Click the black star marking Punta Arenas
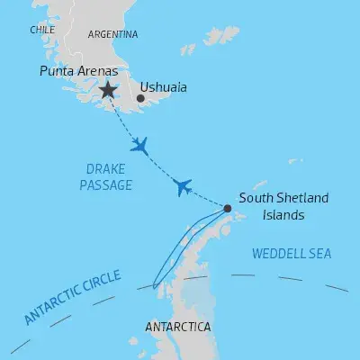pos(108,89)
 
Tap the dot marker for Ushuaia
pos(140,98)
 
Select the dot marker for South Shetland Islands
pos(227,209)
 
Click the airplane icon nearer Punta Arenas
pos(139,147)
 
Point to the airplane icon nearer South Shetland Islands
pos(183,186)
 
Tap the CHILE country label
pos(42,30)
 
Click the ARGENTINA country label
pos(113,34)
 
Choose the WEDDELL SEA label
pos(292,255)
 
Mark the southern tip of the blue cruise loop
pos(155,287)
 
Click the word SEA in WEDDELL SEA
pos(319,255)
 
